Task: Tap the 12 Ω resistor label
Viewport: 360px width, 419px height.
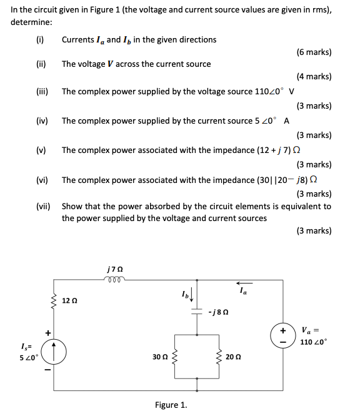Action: [69, 301]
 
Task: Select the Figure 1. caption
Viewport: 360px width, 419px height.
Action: [171, 405]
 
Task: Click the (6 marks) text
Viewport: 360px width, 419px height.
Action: [314, 52]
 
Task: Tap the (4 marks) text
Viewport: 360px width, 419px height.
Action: [314, 77]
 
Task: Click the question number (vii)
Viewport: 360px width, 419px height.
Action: [43, 206]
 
